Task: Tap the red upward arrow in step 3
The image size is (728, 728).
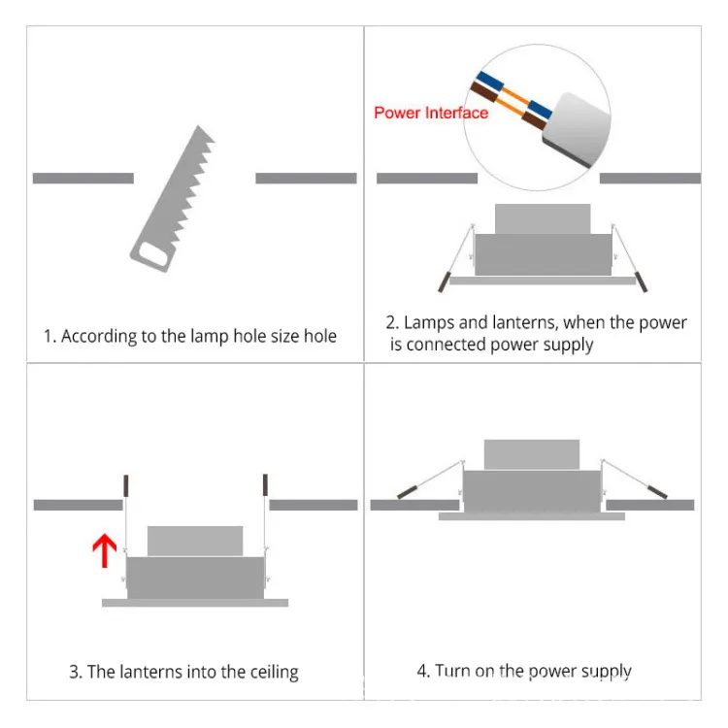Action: [104, 552]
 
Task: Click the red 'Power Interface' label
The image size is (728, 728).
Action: [431, 113]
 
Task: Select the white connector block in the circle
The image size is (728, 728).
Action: [574, 126]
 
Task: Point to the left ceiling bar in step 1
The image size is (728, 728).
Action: [83, 179]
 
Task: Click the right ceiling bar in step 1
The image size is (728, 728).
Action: [306, 179]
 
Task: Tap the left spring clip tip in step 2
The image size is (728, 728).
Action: [443, 281]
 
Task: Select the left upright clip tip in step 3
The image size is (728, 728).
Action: [125, 482]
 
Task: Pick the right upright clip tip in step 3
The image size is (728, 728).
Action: [264, 482]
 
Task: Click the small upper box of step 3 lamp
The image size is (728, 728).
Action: [195, 541]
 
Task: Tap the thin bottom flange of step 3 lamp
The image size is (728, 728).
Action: [195, 603]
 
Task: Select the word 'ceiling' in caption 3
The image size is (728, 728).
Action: [268, 672]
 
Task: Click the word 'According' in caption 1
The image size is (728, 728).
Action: [100, 337]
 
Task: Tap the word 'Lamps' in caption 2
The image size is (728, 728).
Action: [428, 322]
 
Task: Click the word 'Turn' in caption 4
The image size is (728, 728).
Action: [453, 671]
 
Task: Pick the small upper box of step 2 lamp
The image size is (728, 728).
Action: [542, 218]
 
